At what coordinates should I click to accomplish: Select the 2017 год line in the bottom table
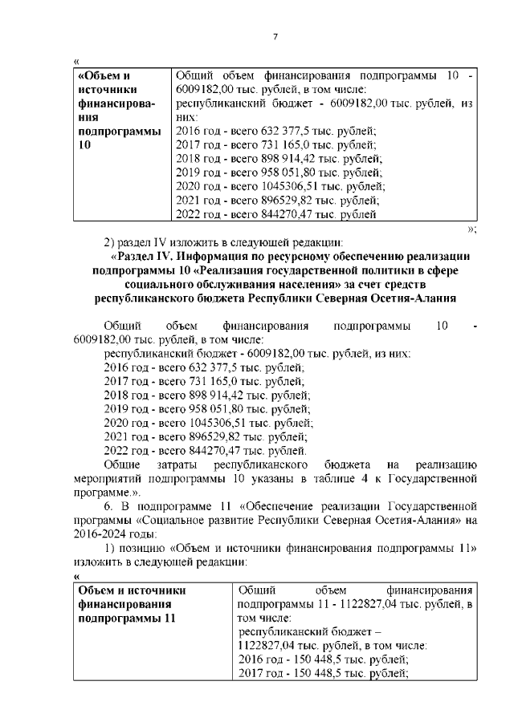click(x=324, y=674)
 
